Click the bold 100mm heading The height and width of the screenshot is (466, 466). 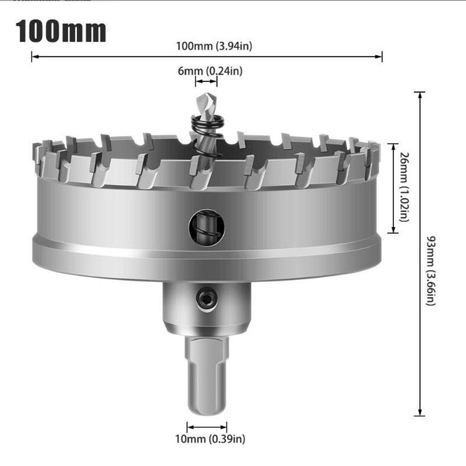pyautogui.click(x=61, y=31)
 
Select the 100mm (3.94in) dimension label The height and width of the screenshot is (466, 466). pyautogui.click(x=214, y=46)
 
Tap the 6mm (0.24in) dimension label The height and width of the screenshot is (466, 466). pyautogui.click(x=210, y=71)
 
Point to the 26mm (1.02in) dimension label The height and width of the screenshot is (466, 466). pyautogui.click(x=404, y=187)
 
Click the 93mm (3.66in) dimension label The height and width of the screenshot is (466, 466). pyautogui.click(x=431, y=271)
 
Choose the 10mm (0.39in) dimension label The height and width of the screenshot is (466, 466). pyautogui.click(x=210, y=439)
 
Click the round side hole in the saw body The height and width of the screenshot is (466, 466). pyautogui.click(x=207, y=228)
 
